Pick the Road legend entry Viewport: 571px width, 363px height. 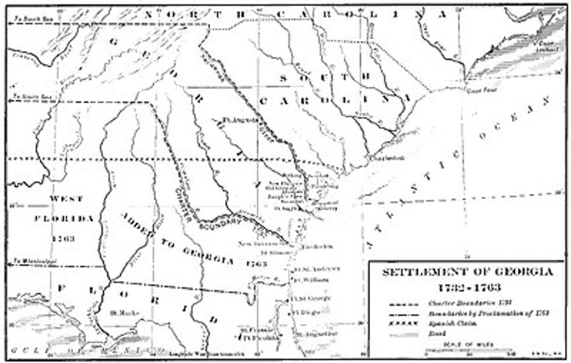(x=435, y=333)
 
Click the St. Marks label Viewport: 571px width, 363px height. (x=118, y=313)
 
